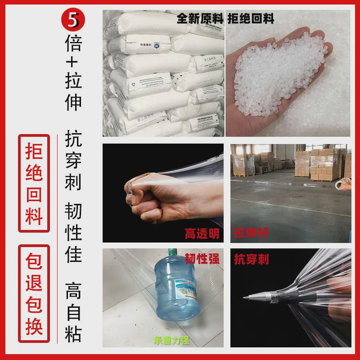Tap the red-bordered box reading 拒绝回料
(x=34, y=182)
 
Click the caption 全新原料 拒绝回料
(x=225, y=19)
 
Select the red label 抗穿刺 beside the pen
(x=252, y=259)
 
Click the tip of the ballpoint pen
(x=244, y=298)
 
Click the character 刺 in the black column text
(x=73, y=184)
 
